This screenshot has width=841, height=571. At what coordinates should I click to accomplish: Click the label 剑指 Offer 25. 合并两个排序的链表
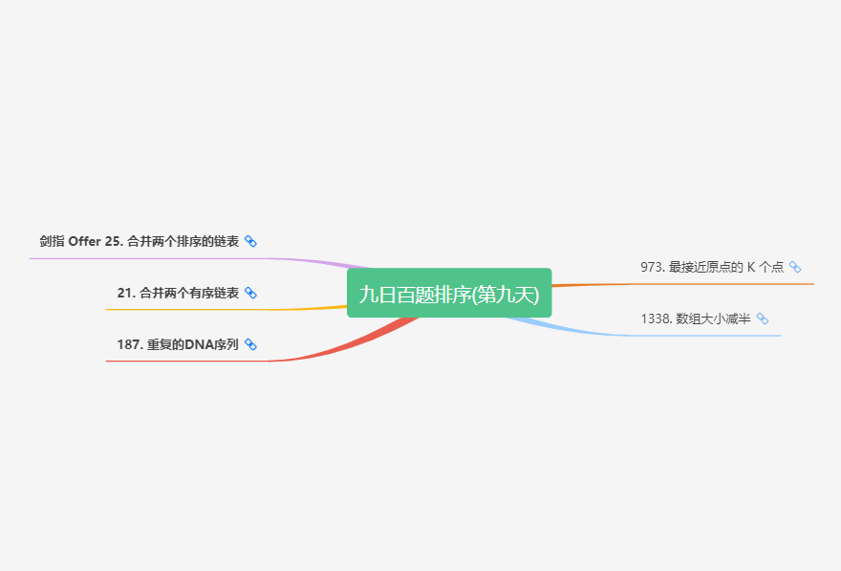point(140,242)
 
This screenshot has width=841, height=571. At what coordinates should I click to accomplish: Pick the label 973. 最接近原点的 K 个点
point(712,268)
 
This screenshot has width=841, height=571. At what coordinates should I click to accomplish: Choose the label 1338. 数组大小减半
point(696,319)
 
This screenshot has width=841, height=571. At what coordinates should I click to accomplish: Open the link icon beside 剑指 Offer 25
point(250,242)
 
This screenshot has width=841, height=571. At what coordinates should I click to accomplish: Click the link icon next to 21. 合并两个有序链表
point(250,294)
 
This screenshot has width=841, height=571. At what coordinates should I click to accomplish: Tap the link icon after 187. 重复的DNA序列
point(250,344)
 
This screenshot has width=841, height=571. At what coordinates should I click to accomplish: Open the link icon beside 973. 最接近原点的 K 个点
point(795,268)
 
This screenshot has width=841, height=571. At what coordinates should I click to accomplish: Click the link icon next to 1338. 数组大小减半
point(763,319)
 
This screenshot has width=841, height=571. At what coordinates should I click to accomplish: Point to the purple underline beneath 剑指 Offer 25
point(143,258)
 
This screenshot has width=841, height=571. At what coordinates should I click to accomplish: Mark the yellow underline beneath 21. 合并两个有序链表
point(182,310)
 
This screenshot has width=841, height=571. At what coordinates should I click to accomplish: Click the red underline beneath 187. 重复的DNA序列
point(182,362)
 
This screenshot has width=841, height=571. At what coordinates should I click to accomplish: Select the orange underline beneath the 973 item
point(726,284)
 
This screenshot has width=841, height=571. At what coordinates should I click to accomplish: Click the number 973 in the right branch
point(652,268)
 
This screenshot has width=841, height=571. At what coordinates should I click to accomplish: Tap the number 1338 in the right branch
point(655,319)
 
